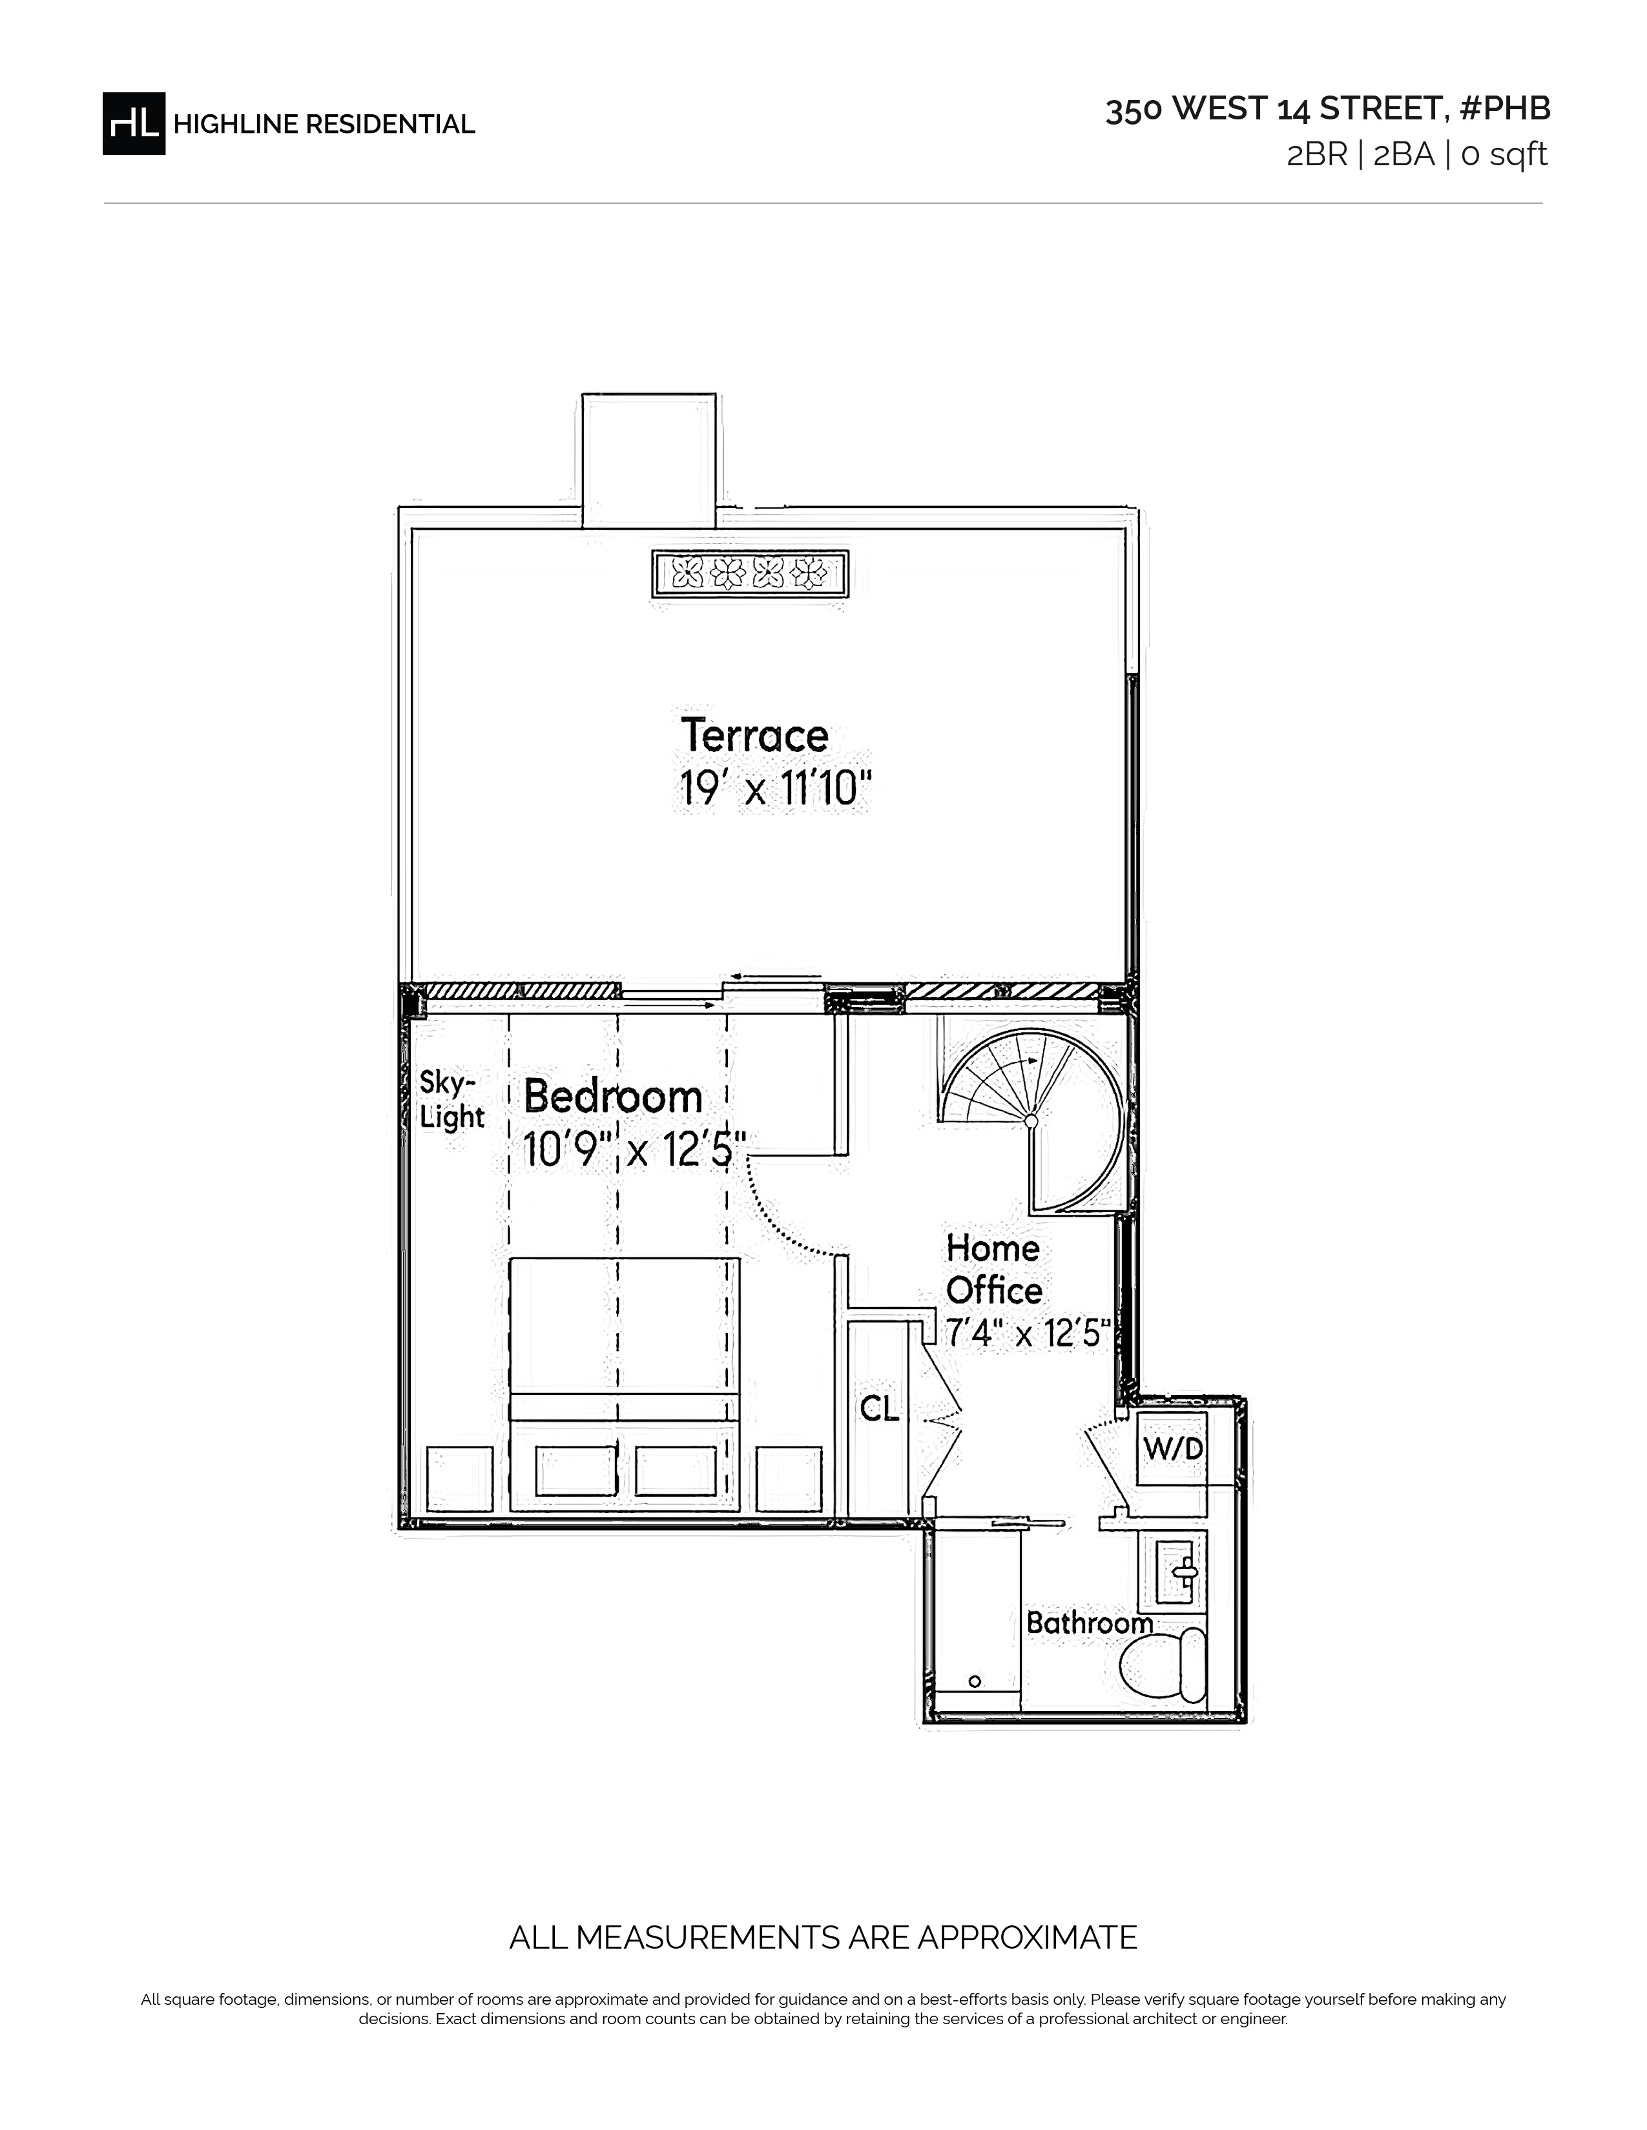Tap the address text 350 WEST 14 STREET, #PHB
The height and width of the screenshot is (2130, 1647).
[x=1328, y=109]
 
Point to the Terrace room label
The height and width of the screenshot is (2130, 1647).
[x=754, y=735]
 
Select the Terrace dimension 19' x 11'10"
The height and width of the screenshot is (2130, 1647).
[x=774, y=788]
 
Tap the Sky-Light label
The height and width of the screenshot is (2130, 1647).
[x=451, y=1099]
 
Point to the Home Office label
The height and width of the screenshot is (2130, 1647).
[x=994, y=1269]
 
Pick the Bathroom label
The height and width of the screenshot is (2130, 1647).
[x=1089, y=1623]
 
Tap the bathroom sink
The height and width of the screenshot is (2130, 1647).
[x=1181, y=1571]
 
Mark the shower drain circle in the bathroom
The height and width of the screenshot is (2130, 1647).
[x=975, y=1681]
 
